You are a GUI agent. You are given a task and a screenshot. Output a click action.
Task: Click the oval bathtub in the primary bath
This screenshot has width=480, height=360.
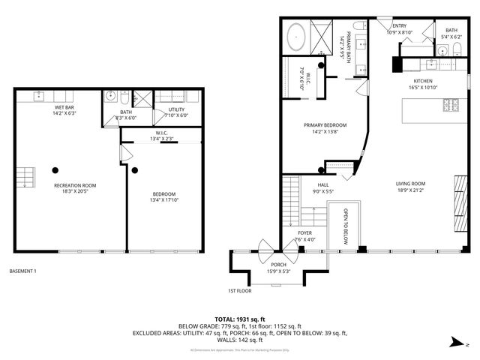(296, 36)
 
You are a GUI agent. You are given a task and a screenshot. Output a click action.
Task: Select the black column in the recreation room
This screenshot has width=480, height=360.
(55, 169)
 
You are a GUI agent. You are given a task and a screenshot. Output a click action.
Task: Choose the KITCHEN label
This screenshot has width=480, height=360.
(424, 81)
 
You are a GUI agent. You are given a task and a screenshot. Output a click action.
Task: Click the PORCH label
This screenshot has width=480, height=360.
(277, 265)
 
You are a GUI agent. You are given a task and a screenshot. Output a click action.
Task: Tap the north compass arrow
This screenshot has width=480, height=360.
(456, 343)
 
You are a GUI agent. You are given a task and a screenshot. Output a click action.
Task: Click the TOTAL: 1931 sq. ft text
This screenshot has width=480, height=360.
(239, 318)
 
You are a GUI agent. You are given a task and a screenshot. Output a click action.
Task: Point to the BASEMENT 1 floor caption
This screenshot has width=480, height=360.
(22, 271)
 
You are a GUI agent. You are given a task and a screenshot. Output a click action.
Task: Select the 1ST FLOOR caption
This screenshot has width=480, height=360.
(239, 291)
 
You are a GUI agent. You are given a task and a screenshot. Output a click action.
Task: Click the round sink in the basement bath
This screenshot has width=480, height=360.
(109, 96)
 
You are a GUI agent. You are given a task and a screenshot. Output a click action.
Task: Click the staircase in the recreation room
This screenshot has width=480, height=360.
(25, 177)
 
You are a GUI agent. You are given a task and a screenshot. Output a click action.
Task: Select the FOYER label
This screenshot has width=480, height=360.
(304, 233)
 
